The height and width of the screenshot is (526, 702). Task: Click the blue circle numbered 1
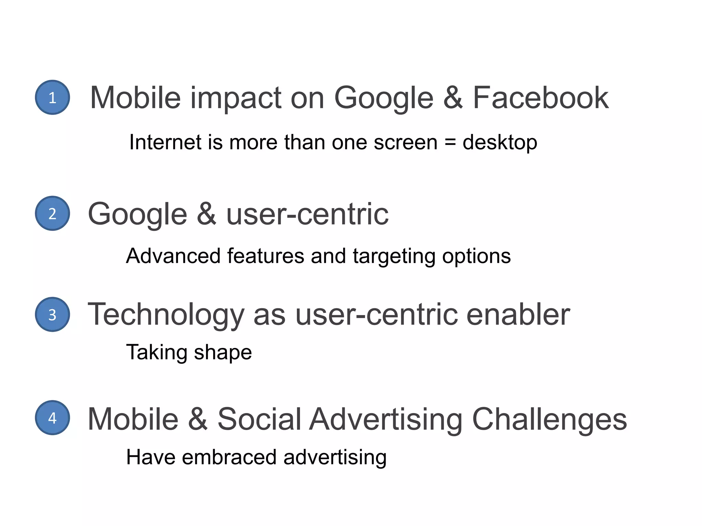[x=52, y=98]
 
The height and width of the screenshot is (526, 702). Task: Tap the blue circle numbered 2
[x=52, y=213]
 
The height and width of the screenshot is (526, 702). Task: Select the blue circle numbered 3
[x=52, y=314]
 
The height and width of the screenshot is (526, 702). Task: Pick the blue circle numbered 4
[x=52, y=418]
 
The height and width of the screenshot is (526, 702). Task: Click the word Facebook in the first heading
[x=541, y=98]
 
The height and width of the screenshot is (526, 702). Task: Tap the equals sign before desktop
[x=450, y=142]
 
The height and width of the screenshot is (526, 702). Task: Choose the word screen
[x=406, y=143]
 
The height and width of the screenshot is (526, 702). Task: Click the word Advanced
[x=173, y=256]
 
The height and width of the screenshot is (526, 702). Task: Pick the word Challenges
[x=549, y=420]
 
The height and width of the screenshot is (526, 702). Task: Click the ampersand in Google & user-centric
[x=207, y=214]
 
